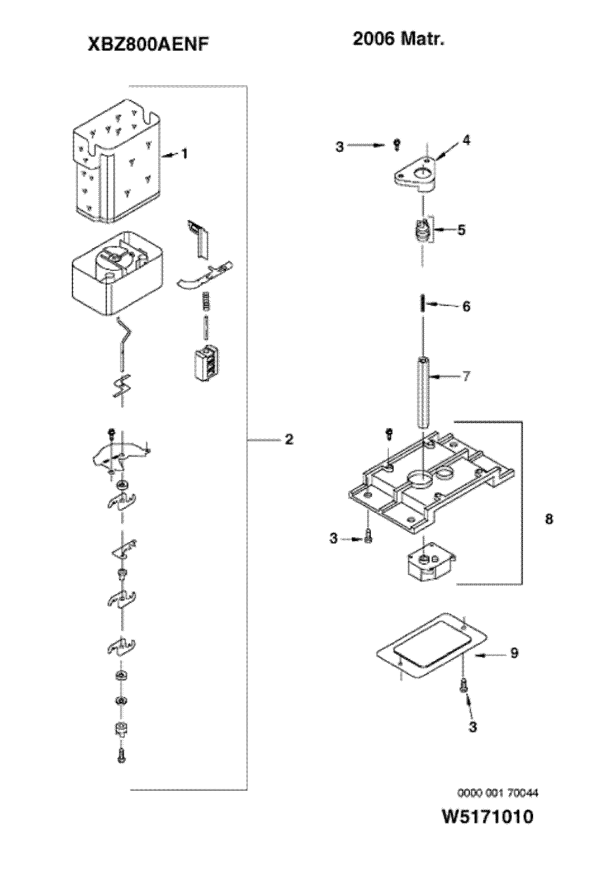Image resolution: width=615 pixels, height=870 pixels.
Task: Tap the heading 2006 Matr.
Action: (398, 39)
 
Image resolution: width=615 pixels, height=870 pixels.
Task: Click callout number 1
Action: (184, 154)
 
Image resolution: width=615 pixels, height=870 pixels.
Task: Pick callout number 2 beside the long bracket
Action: (288, 439)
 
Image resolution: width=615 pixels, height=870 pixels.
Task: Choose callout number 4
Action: (466, 140)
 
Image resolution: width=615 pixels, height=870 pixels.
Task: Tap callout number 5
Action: (461, 230)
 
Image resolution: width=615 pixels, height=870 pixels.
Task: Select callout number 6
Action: (466, 307)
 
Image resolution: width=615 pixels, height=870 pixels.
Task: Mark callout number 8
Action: (548, 519)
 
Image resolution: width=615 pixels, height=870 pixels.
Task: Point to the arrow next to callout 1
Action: (171, 155)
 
